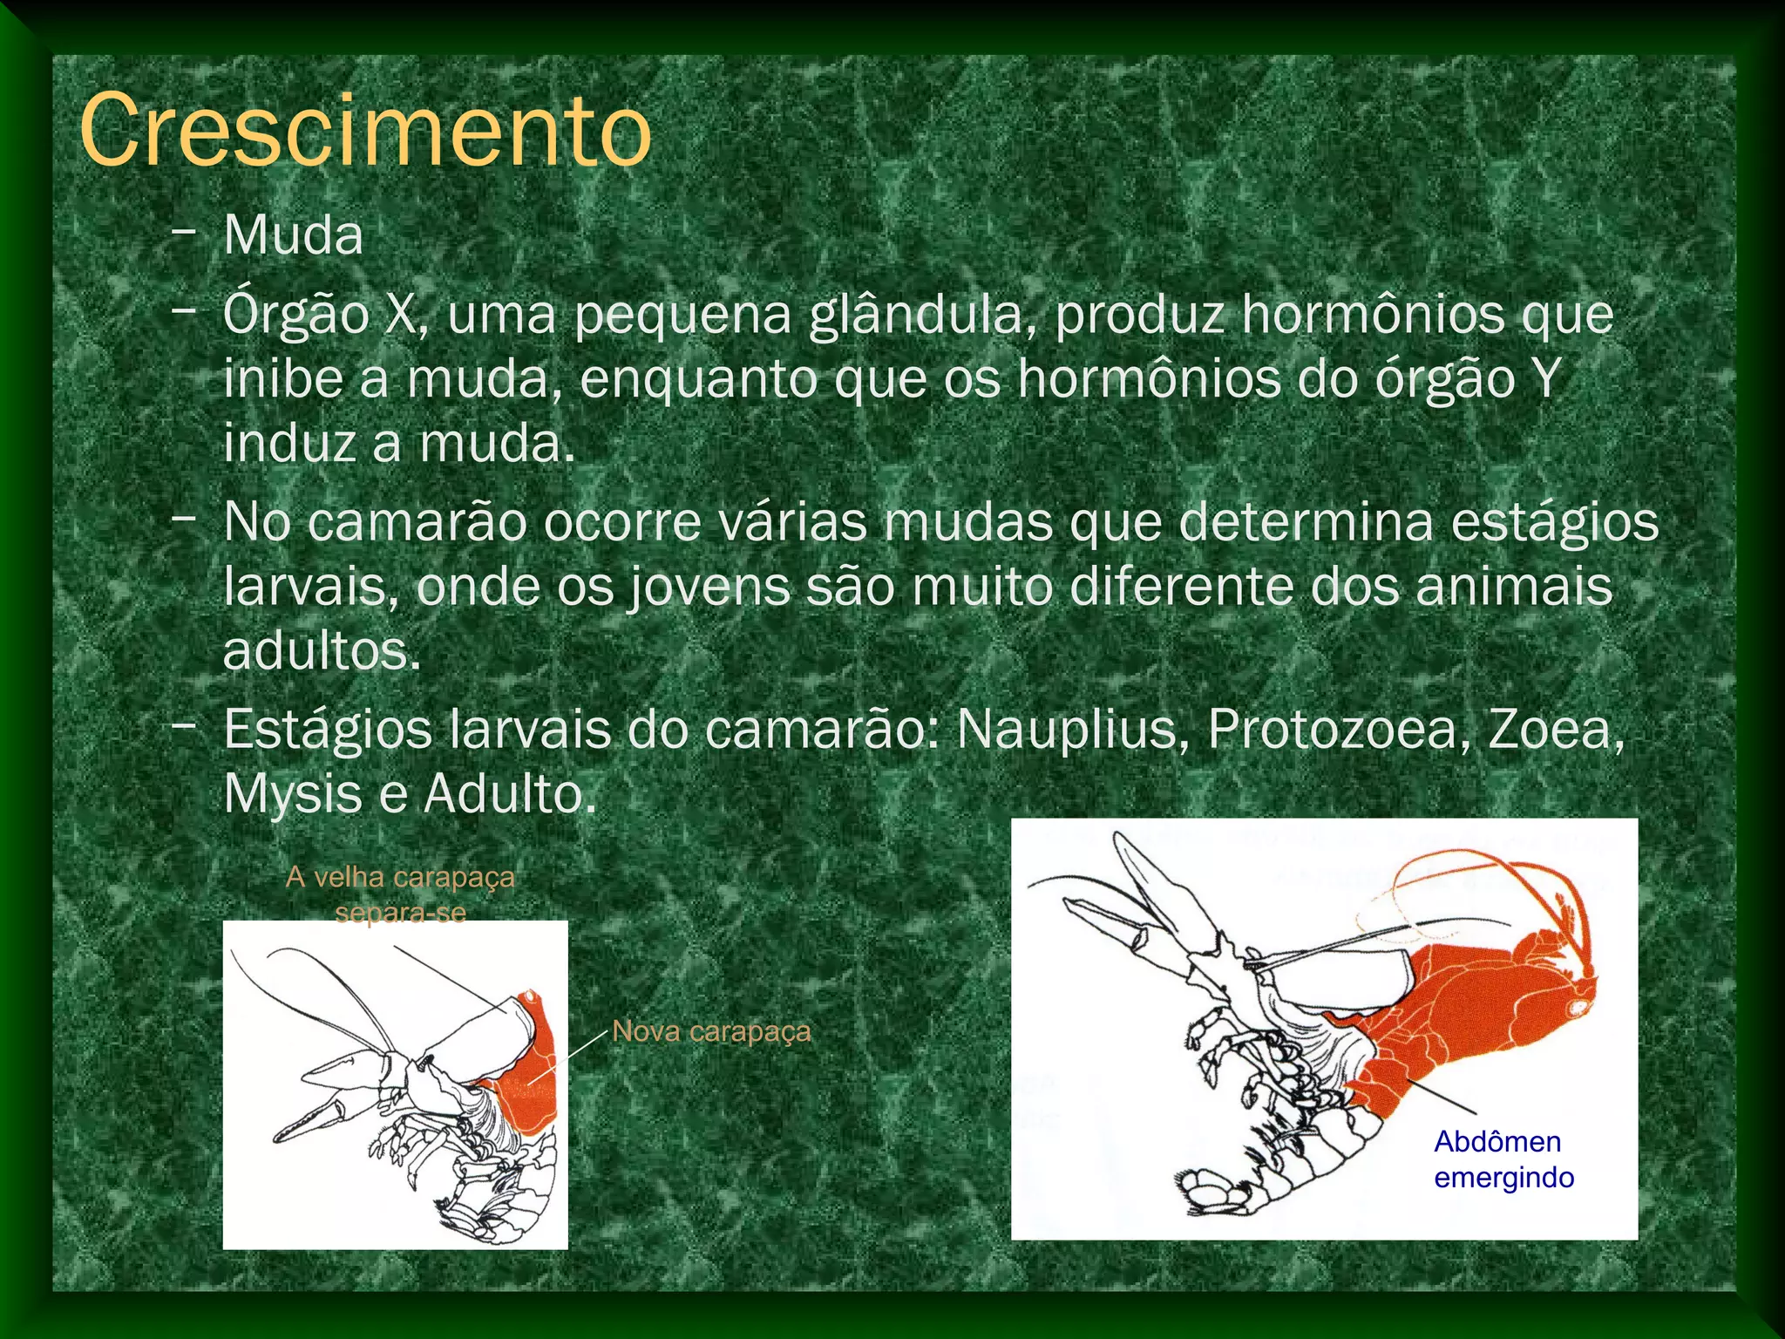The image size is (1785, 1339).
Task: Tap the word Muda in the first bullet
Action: pos(293,235)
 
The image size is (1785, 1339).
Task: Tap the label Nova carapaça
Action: pos(711,1031)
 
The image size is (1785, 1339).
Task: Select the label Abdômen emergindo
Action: pos(1503,1159)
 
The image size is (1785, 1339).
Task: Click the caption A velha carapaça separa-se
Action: pos(400,894)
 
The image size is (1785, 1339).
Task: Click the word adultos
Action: pos(322,651)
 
